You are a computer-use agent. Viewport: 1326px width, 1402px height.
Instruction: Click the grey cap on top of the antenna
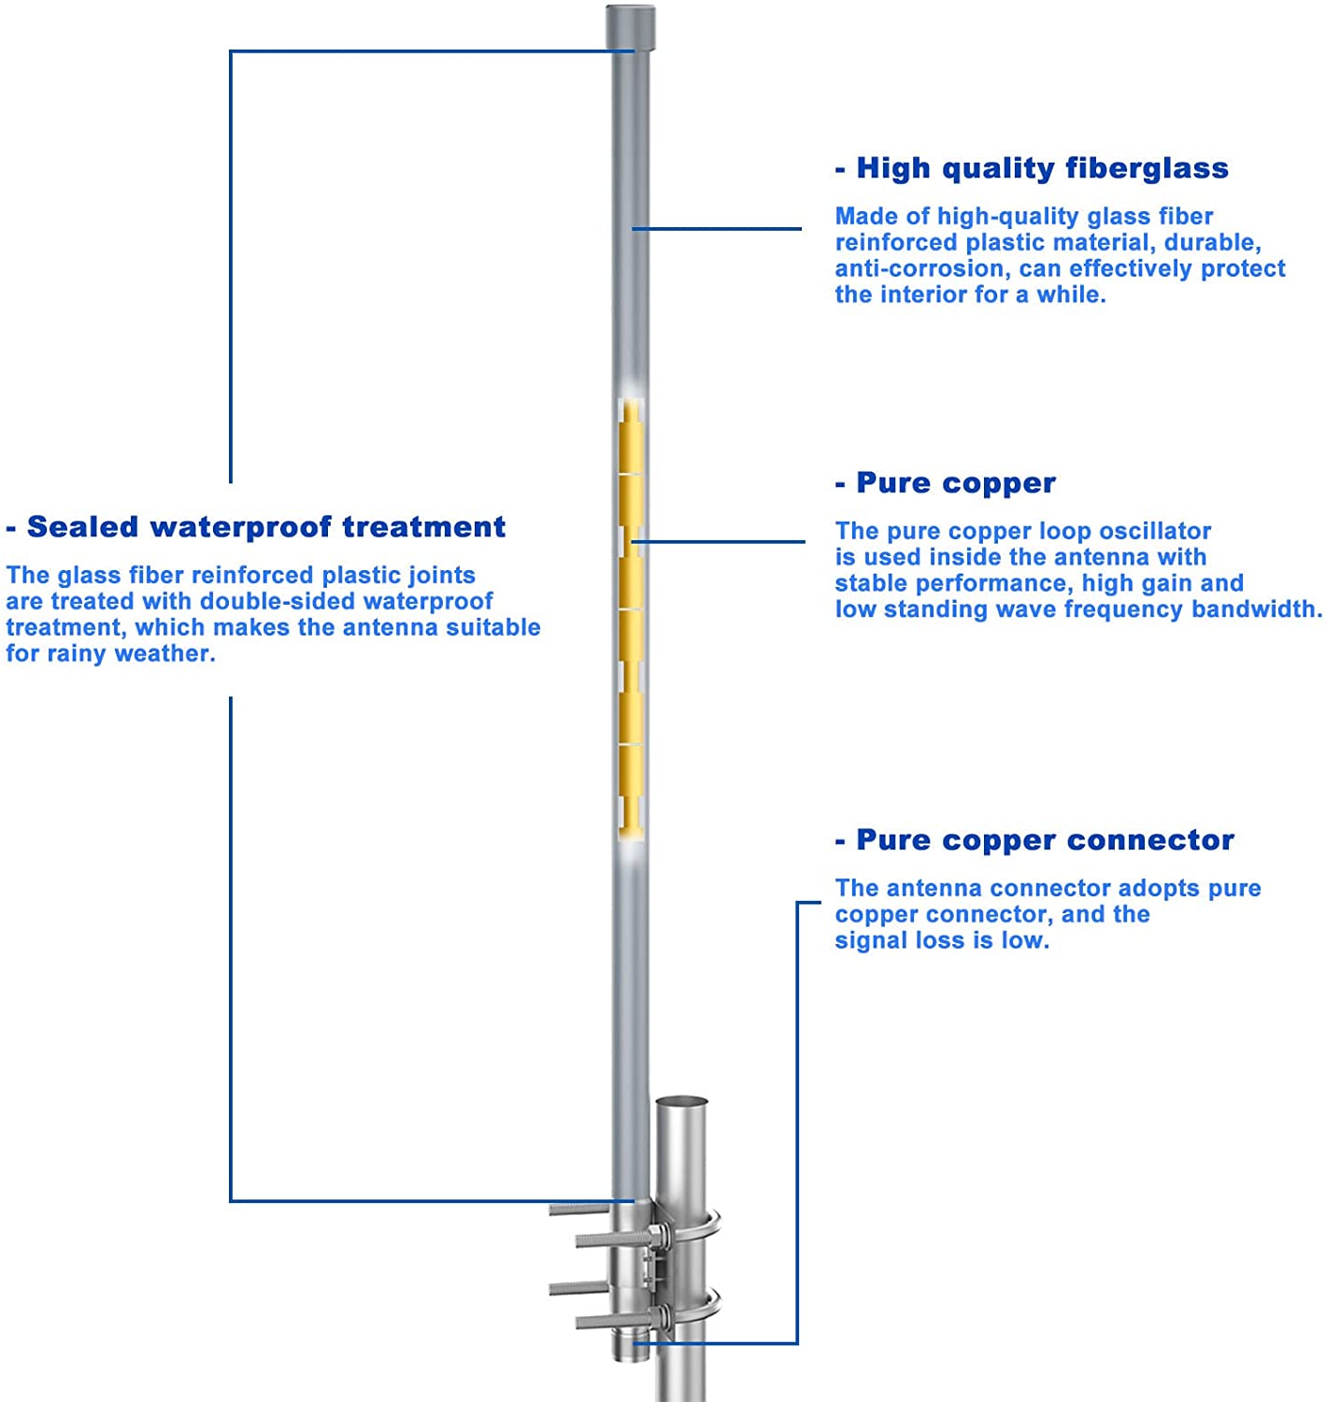click(631, 27)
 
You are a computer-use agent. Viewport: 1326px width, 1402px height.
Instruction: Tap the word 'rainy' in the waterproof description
click(77, 654)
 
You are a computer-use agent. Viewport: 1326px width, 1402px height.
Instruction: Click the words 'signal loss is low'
click(942, 940)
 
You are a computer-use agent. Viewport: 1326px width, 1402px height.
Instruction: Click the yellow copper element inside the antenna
click(632, 617)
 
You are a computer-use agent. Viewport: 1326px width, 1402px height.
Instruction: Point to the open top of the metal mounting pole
click(681, 1104)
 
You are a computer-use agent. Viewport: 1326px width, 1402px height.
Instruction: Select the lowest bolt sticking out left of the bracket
click(607, 1322)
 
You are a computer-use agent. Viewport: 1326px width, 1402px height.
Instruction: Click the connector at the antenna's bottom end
click(630, 1346)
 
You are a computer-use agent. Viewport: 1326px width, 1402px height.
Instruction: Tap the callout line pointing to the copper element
click(720, 541)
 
